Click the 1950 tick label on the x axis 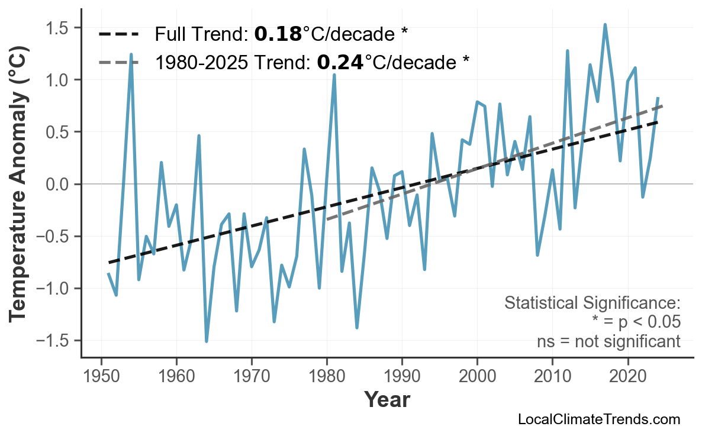(x=101, y=376)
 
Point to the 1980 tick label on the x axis (x=327, y=376)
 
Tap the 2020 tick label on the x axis (x=627, y=376)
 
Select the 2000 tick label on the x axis (x=477, y=376)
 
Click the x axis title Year (x=387, y=400)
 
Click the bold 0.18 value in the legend (x=278, y=34)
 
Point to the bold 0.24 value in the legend (x=340, y=62)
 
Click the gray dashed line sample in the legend (x=118, y=62)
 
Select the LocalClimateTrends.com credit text (x=598, y=420)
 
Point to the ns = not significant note (x=608, y=341)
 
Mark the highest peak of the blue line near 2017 (x=605, y=25)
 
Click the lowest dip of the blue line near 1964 (x=207, y=341)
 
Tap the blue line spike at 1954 (x=131, y=54)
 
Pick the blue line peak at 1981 (x=334, y=75)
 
